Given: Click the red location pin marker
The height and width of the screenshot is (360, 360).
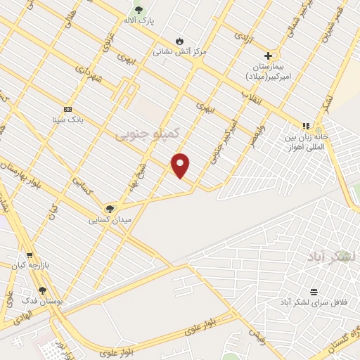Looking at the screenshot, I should pyautogui.click(x=181, y=165).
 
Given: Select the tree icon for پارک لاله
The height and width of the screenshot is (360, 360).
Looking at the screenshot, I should pyautogui.click(x=139, y=10).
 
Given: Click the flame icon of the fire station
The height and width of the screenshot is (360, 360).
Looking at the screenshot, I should pyautogui.click(x=179, y=41).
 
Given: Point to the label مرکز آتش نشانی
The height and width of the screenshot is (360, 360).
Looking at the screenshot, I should pyautogui.click(x=180, y=52).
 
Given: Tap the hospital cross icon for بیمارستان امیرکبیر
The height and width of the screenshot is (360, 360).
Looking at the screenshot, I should pyautogui.click(x=268, y=56).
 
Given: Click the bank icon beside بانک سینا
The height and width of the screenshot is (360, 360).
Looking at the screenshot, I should pyautogui.click(x=67, y=109).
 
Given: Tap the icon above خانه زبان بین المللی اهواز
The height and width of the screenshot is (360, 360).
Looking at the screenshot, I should pyautogui.click(x=305, y=126).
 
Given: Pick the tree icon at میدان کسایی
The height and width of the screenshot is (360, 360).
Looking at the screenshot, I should pyautogui.click(x=109, y=209).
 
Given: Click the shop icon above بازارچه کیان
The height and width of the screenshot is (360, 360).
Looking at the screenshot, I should pyautogui.click(x=30, y=255).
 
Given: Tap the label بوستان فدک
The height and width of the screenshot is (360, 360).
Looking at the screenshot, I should pyautogui.click(x=42, y=301).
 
